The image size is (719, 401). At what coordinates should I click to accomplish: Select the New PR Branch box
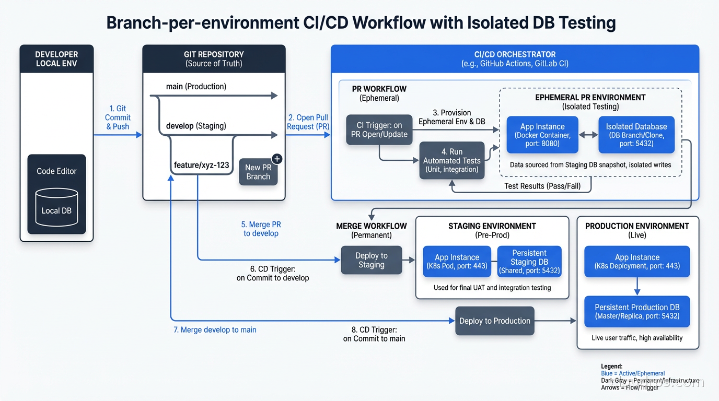[258, 172]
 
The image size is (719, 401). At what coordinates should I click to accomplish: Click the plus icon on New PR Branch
[277, 159]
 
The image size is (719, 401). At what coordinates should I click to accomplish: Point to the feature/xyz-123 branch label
[201, 165]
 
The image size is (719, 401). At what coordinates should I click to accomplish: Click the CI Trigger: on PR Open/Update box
[379, 130]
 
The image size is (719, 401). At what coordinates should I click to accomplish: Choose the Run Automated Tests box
[451, 160]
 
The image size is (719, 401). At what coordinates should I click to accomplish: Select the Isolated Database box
[636, 135]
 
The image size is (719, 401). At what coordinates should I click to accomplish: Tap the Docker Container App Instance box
[542, 135]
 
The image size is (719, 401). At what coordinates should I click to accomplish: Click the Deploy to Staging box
[371, 260]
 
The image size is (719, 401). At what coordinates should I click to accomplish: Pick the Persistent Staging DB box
[529, 261]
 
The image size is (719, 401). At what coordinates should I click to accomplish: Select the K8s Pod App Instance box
[457, 261]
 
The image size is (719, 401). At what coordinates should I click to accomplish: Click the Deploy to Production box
[494, 321]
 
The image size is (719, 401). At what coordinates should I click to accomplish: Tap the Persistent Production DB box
[637, 311]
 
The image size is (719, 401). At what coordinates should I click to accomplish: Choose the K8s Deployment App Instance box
[637, 261]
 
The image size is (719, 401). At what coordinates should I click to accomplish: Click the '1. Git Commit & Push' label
[118, 117]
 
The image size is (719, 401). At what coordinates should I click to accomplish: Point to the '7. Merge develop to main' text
[215, 330]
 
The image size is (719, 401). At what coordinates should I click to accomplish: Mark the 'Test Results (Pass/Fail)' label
[542, 186]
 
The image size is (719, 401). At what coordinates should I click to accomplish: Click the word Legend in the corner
[612, 367]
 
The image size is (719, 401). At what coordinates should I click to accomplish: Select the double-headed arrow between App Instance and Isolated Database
[588, 135]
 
